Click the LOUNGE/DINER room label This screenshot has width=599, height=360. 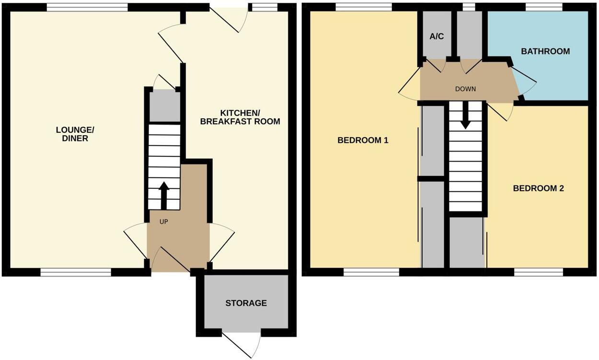click(x=75, y=134)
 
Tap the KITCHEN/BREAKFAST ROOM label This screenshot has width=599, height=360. click(x=240, y=117)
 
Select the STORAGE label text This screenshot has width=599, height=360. click(x=246, y=303)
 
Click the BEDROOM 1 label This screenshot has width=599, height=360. click(x=362, y=140)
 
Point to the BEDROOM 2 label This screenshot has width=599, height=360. click(x=538, y=188)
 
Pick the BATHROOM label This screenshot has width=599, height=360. click(x=545, y=51)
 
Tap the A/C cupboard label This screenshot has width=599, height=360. click(x=436, y=36)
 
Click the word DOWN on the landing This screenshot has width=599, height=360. click(x=465, y=89)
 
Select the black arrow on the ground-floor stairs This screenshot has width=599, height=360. click(x=164, y=194)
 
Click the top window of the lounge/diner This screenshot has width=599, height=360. click(x=87, y=7)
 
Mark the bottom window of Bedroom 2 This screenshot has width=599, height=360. click(x=539, y=272)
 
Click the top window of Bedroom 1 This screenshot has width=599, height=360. click(x=364, y=7)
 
